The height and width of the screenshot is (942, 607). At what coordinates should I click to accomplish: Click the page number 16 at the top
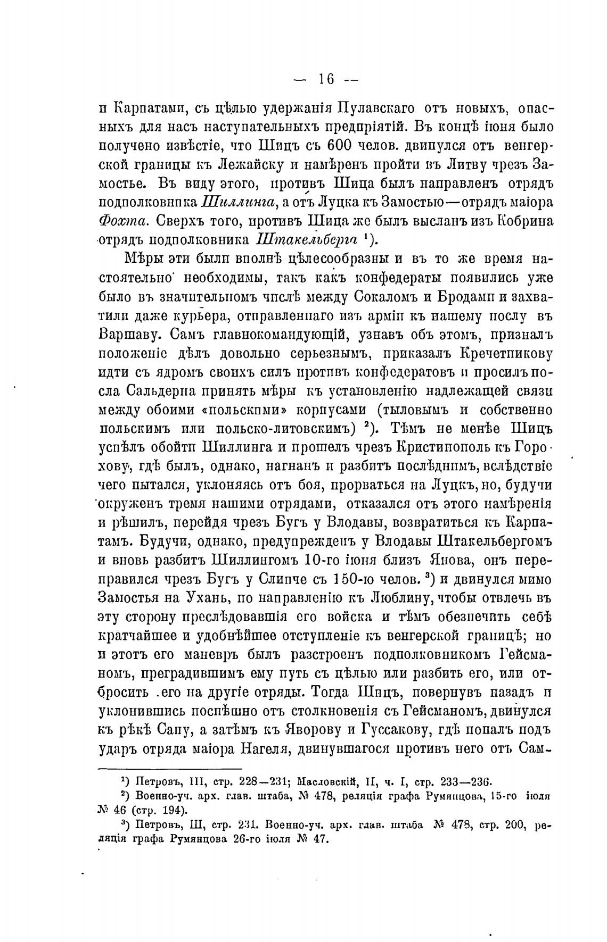pyautogui.click(x=326, y=80)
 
